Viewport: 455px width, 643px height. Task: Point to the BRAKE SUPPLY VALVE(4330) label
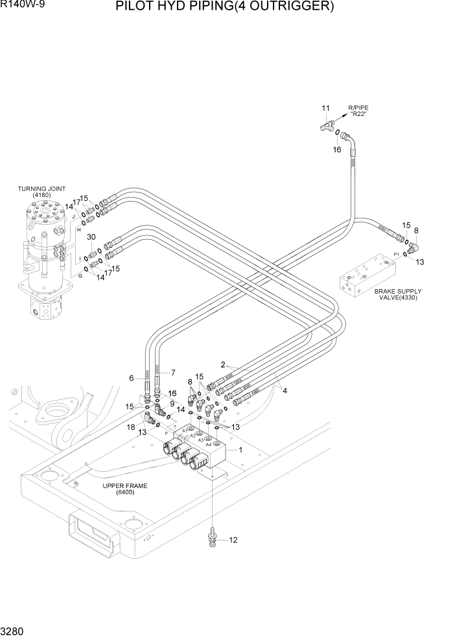(x=398, y=295)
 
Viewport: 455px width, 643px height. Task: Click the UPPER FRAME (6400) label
(x=123, y=489)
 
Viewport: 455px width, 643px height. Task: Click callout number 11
(x=326, y=107)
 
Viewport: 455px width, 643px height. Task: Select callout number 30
(x=91, y=237)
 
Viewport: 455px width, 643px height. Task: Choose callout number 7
(x=173, y=373)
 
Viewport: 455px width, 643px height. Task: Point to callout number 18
(x=131, y=428)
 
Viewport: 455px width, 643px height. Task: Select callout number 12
(x=233, y=539)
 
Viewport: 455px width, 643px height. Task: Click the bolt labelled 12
(x=213, y=539)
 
